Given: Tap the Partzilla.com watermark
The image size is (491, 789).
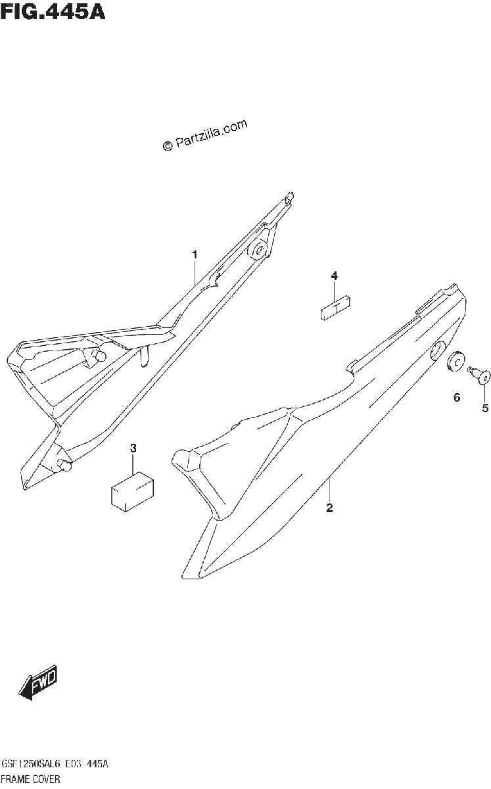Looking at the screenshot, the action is pos(205,135).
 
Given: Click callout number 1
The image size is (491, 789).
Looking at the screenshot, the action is pos(195,254).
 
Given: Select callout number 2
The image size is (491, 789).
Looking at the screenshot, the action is pos(329,508).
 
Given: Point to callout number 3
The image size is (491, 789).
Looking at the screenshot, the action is pos(133,448).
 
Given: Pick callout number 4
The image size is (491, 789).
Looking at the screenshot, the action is pos(335,275).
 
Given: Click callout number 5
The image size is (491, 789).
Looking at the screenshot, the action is pos(485,408).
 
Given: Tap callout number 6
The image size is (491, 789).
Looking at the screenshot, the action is pos(457,398).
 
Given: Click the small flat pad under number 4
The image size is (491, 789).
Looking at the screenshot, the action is pos(336,308).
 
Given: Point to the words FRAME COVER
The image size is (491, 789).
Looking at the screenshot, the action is pos(31,778).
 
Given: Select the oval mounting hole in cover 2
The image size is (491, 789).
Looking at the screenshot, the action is pos(438,350).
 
